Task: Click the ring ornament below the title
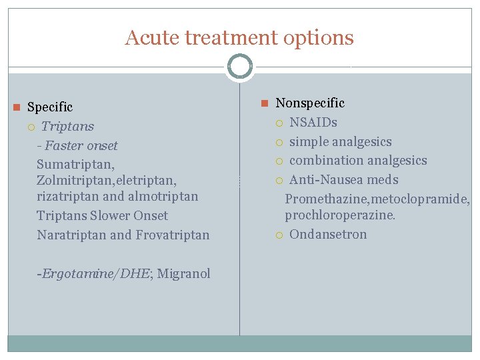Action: pos(240,67)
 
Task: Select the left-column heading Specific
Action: pos(50,107)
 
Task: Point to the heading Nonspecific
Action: pos(310,103)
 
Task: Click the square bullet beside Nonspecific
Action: pos(264,103)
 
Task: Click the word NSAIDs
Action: pos(313,122)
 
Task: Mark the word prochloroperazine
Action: pos(339,215)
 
